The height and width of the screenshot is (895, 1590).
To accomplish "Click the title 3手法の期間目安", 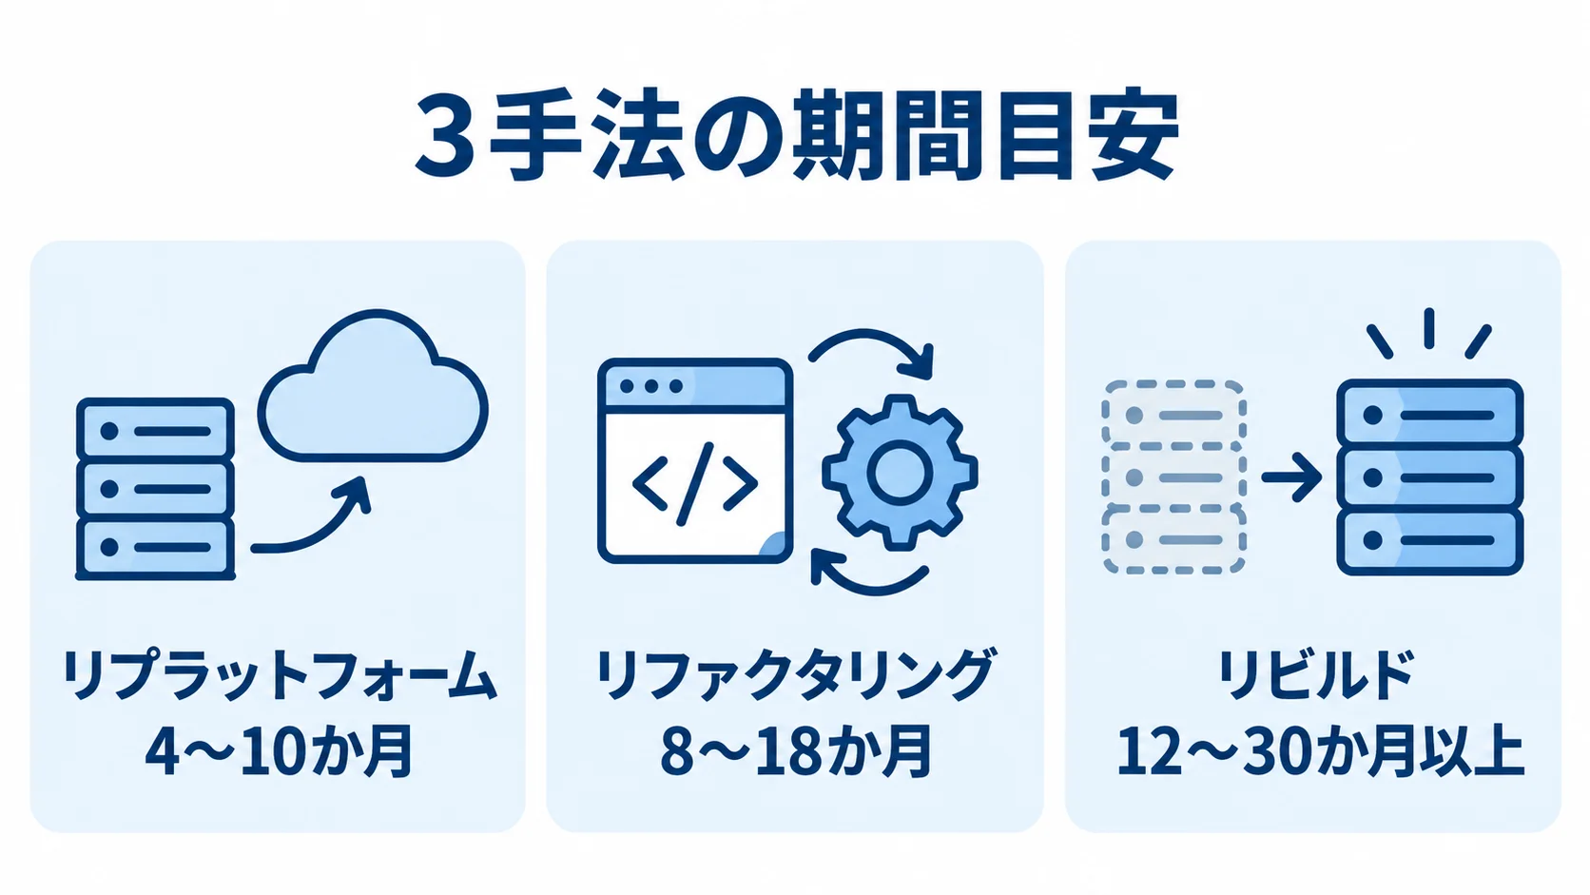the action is click(796, 136).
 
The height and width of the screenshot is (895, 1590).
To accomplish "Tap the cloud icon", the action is click(373, 387).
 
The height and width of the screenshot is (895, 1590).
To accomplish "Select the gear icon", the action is click(900, 472).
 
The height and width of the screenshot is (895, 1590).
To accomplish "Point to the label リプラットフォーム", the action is click(279, 675).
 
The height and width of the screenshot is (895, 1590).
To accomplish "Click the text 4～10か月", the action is click(279, 751).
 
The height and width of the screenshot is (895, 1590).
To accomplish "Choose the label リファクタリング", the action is click(794, 675).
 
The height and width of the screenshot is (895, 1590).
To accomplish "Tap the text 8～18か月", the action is click(795, 751).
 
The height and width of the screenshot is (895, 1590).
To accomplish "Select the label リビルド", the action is click(1314, 675).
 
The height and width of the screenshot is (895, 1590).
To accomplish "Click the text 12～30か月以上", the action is click(1320, 751).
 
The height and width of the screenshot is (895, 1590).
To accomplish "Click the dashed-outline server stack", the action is click(1174, 477).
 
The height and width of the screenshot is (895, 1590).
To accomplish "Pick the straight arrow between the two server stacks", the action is click(1291, 477).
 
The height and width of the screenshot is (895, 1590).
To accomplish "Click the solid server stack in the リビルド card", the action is click(1429, 477).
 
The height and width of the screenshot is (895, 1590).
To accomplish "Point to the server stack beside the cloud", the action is click(155, 489).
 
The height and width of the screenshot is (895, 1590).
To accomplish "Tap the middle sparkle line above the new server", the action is click(1429, 328).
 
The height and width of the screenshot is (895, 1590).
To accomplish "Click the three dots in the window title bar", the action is click(650, 386).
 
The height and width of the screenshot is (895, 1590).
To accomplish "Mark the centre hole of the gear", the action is click(900, 472).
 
